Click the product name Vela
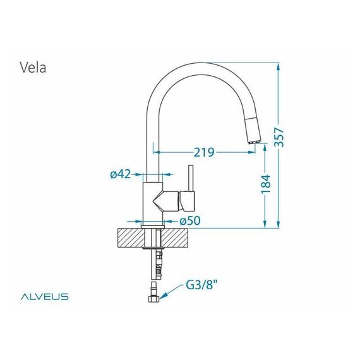(x=33, y=68)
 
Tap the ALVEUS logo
(x=45, y=296)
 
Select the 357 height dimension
(x=280, y=137)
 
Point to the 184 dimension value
(x=267, y=184)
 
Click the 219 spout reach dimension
(x=204, y=152)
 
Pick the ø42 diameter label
(x=120, y=174)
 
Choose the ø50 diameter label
(x=190, y=221)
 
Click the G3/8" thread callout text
(x=201, y=285)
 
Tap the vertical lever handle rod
(x=191, y=178)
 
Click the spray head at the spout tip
(x=253, y=130)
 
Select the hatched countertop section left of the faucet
(x=131, y=237)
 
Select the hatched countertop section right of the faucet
(x=175, y=237)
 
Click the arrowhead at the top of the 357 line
(x=279, y=67)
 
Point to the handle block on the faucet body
(x=187, y=201)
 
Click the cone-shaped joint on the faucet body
(x=165, y=201)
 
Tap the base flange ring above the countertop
(x=153, y=227)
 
